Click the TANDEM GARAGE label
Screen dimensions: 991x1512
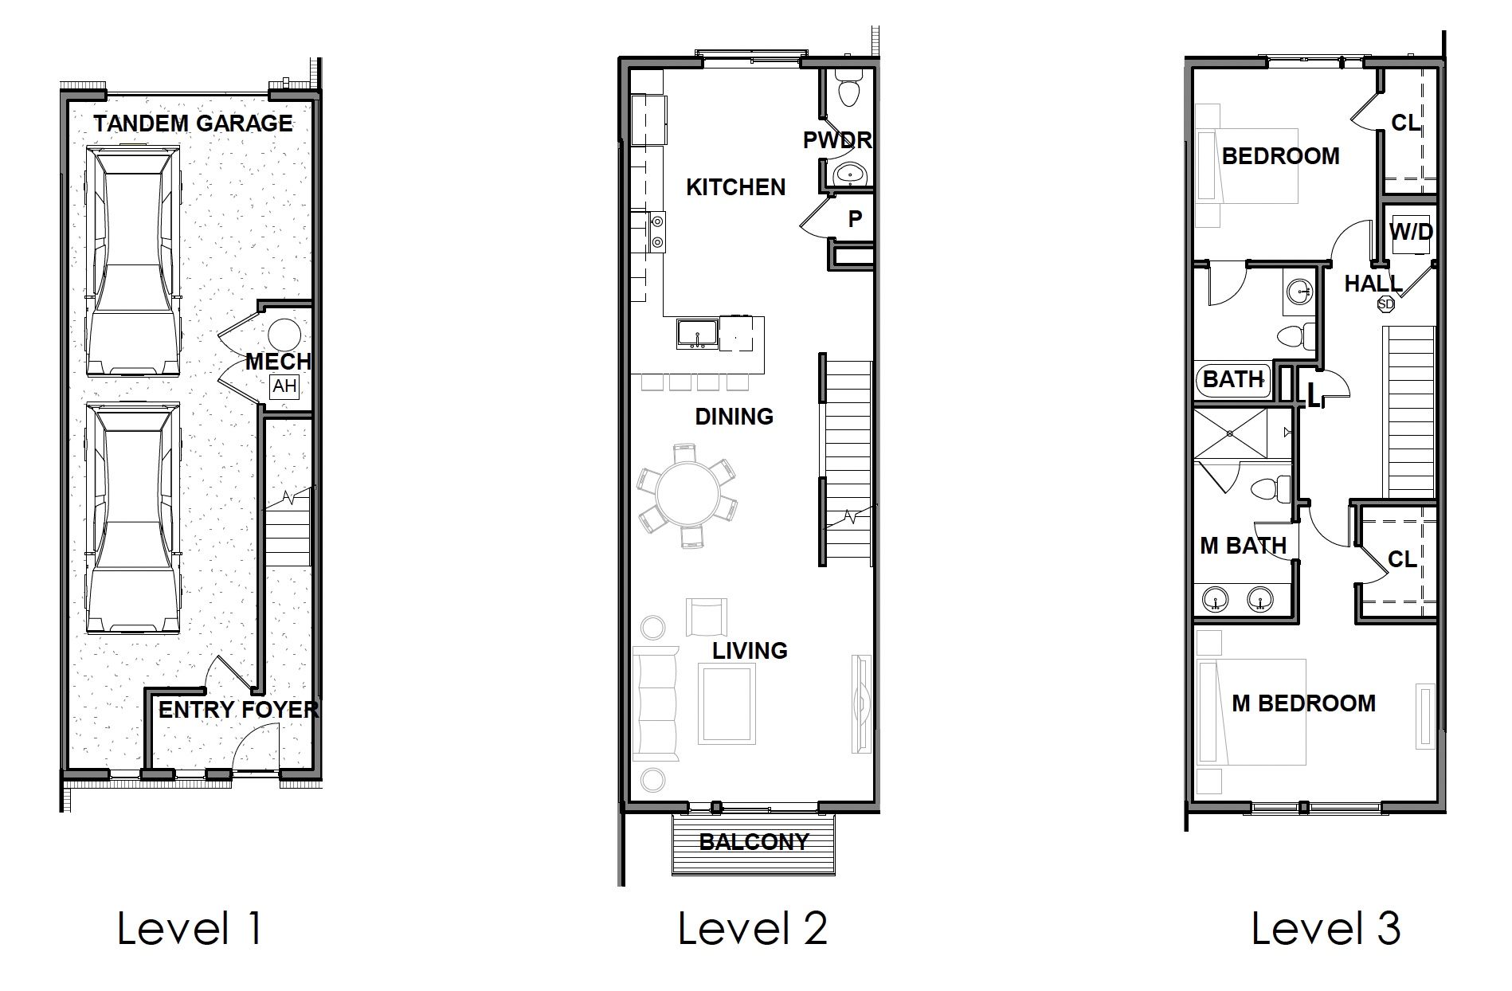click(193, 123)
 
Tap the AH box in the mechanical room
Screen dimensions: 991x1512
click(284, 387)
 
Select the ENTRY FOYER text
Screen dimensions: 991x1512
click(238, 710)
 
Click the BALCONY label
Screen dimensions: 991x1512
click(754, 842)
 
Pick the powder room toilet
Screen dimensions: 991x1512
click(848, 89)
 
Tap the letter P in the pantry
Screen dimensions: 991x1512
click(855, 219)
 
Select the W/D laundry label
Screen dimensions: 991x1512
click(1411, 233)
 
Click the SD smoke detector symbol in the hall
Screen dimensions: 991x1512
click(1385, 304)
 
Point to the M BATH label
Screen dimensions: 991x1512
click(1243, 546)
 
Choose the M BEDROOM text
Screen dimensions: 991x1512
click(1303, 703)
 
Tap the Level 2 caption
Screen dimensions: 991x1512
click(752, 929)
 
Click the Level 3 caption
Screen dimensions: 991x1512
click(1326, 929)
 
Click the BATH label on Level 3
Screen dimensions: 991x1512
click(1233, 379)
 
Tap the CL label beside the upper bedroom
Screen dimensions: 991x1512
click(1406, 123)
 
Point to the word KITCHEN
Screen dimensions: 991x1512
click(735, 187)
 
